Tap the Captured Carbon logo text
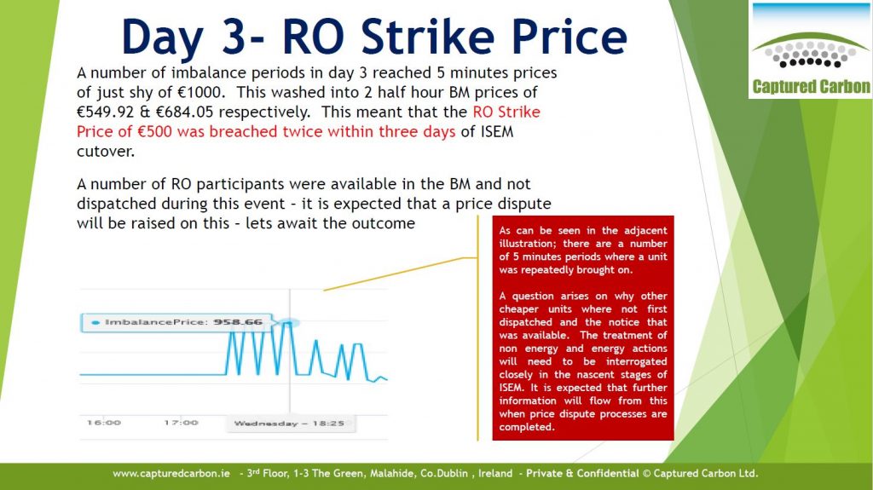coord(812,86)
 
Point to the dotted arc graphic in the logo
coord(811,54)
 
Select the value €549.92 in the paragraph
coord(105,112)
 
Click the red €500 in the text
coord(159,132)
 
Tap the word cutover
coord(106,152)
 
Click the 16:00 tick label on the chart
coord(104,423)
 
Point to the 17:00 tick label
coord(181,423)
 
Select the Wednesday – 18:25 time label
coord(289,424)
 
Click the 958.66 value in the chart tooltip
coord(238,322)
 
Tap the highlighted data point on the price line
coord(289,322)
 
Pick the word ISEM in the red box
coord(512,388)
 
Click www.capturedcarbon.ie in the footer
coord(171,474)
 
